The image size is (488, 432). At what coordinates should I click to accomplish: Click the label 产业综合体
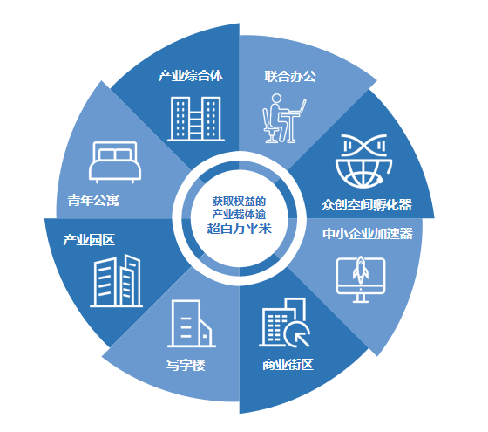(191, 76)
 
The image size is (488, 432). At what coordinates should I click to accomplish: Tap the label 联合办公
(290, 77)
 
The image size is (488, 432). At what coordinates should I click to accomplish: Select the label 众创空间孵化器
(367, 205)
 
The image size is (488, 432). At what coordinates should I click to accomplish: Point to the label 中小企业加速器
(368, 234)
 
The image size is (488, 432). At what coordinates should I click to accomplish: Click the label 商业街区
(288, 365)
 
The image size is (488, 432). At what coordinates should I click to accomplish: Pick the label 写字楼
(186, 365)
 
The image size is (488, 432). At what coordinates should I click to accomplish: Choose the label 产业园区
(89, 240)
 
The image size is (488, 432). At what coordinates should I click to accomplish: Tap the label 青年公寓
(93, 200)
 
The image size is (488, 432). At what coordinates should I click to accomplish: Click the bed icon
(115, 162)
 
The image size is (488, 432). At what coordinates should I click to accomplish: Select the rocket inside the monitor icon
(361, 270)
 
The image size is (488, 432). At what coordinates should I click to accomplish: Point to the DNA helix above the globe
(364, 145)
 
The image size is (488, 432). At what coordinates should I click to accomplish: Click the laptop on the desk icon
(298, 106)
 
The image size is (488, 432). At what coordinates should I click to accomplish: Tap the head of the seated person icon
(276, 99)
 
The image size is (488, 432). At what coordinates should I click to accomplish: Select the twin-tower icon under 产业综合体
(196, 119)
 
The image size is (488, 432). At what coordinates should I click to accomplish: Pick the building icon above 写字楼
(192, 324)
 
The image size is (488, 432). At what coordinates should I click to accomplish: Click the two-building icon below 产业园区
(117, 281)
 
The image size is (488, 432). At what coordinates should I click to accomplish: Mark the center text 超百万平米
(239, 229)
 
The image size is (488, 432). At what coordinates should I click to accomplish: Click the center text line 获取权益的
(239, 202)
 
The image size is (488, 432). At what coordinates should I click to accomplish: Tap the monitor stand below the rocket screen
(361, 298)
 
